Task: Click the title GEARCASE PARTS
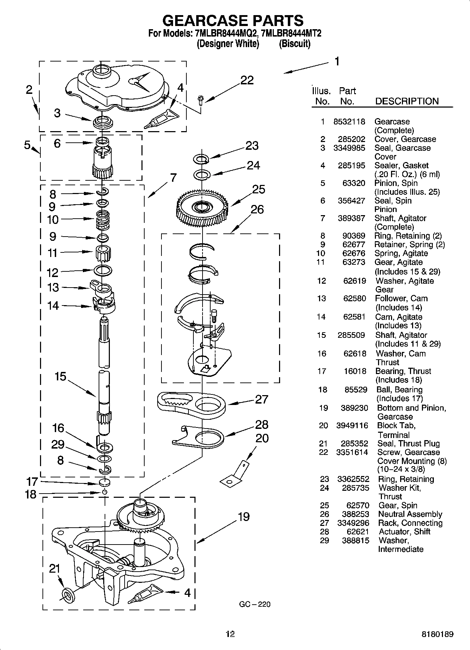233,21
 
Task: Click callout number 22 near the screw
247,81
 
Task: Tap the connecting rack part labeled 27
192,403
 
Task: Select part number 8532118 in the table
349,122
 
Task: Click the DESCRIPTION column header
407,101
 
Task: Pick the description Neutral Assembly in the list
410,514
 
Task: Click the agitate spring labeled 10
102,219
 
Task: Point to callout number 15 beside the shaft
60,377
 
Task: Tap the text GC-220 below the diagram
255,604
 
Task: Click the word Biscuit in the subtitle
294,44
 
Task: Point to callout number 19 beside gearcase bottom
244,517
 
